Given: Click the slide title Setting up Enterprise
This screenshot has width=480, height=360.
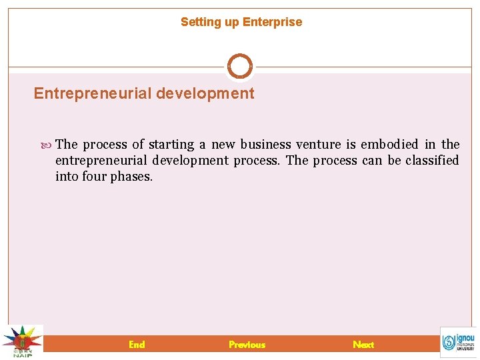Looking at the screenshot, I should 241,22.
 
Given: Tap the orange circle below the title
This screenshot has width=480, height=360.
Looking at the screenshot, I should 240,67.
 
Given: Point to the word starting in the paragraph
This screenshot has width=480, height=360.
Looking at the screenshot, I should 171,145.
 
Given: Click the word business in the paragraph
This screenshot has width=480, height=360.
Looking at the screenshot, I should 266,145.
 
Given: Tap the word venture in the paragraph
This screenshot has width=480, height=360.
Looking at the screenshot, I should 318,145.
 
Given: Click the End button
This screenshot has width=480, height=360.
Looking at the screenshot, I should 137,344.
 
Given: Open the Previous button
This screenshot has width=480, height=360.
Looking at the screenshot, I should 247,344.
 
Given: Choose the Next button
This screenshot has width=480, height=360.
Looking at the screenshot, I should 363,344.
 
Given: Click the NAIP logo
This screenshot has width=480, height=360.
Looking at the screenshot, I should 22,341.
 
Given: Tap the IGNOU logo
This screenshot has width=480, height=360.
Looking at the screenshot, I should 459,342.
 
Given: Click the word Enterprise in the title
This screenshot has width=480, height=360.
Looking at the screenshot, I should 272,22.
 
